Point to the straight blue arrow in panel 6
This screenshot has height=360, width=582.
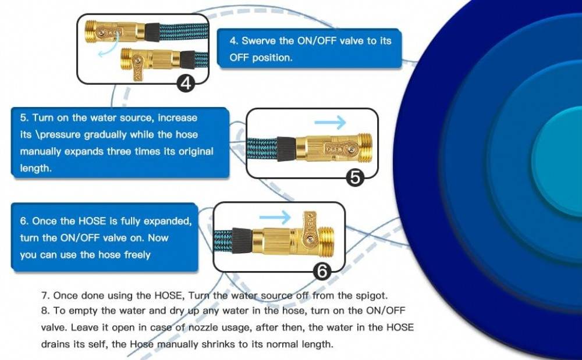click(x=275, y=218)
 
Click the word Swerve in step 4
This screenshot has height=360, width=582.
click(x=258, y=41)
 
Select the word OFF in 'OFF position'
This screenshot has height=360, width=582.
click(x=239, y=58)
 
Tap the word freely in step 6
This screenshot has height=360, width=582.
click(x=137, y=255)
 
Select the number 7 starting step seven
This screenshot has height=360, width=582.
click(x=44, y=295)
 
